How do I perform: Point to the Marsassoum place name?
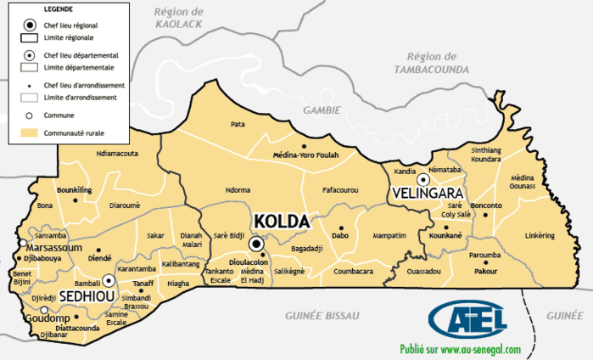click(53, 247)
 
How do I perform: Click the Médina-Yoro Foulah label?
click(305, 155)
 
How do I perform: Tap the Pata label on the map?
click(238, 124)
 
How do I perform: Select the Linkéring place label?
click(540, 234)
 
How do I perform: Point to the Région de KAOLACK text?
click(180, 18)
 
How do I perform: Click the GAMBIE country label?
click(322, 110)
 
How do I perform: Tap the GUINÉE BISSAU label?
click(322, 315)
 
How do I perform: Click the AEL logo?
click(468, 318)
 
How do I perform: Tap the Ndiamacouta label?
click(118, 154)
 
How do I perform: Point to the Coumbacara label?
click(353, 272)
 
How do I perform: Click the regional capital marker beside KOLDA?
click(256, 245)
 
